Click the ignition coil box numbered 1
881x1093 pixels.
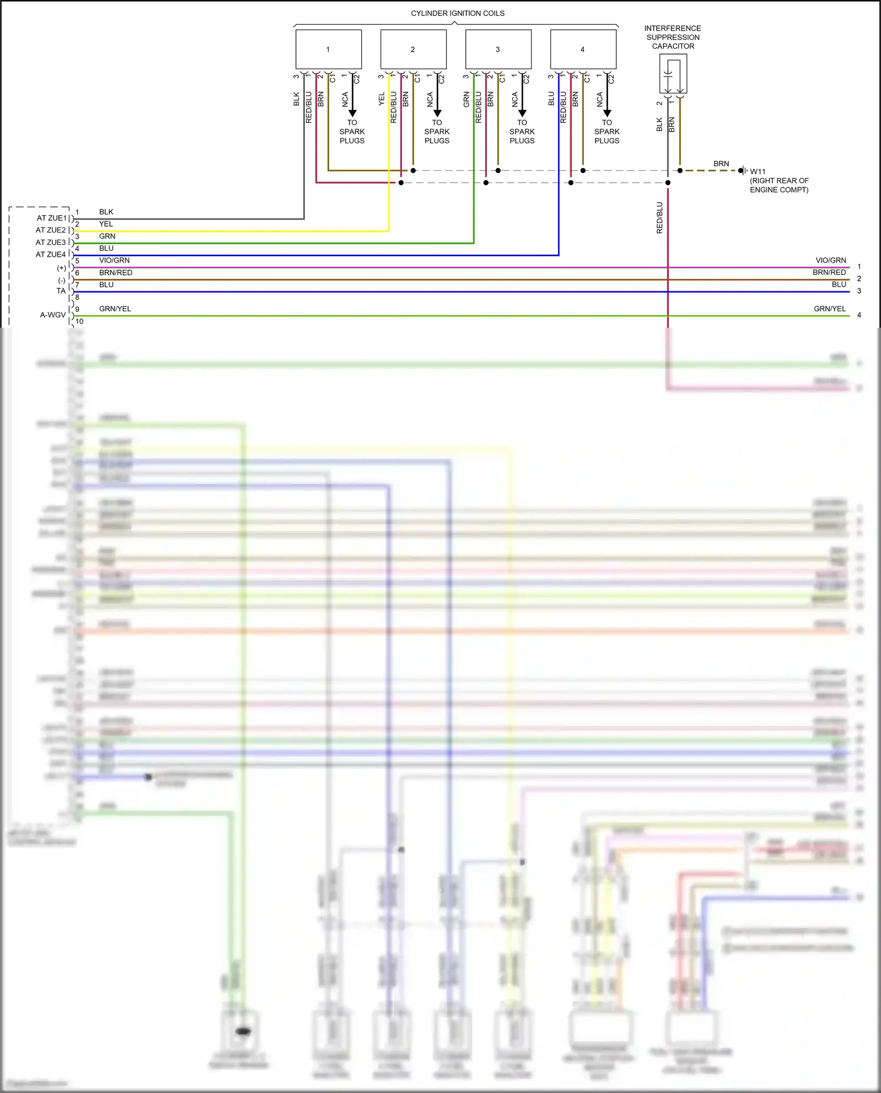click(328, 49)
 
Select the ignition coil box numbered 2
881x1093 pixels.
click(413, 49)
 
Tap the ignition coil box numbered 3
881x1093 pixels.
click(498, 49)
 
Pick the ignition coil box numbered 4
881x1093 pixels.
click(583, 49)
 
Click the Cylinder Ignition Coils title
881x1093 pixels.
click(458, 14)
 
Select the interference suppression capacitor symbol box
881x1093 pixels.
click(673, 74)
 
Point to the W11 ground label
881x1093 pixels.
click(758, 171)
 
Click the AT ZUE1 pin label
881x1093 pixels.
click(52, 218)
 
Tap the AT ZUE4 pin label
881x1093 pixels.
click(51, 254)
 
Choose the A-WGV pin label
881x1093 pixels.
click(53, 315)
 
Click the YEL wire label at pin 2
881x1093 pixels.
click(106, 224)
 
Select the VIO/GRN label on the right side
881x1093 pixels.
click(830, 260)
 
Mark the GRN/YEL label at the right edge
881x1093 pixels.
click(829, 308)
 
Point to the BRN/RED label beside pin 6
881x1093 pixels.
click(116, 273)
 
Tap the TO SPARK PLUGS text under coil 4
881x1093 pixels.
click(607, 132)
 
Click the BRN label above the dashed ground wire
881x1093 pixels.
click(721, 164)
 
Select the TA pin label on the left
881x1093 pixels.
click(61, 291)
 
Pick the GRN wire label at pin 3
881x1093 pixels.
click(107, 236)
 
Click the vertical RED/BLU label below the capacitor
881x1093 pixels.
click(660, 218)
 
